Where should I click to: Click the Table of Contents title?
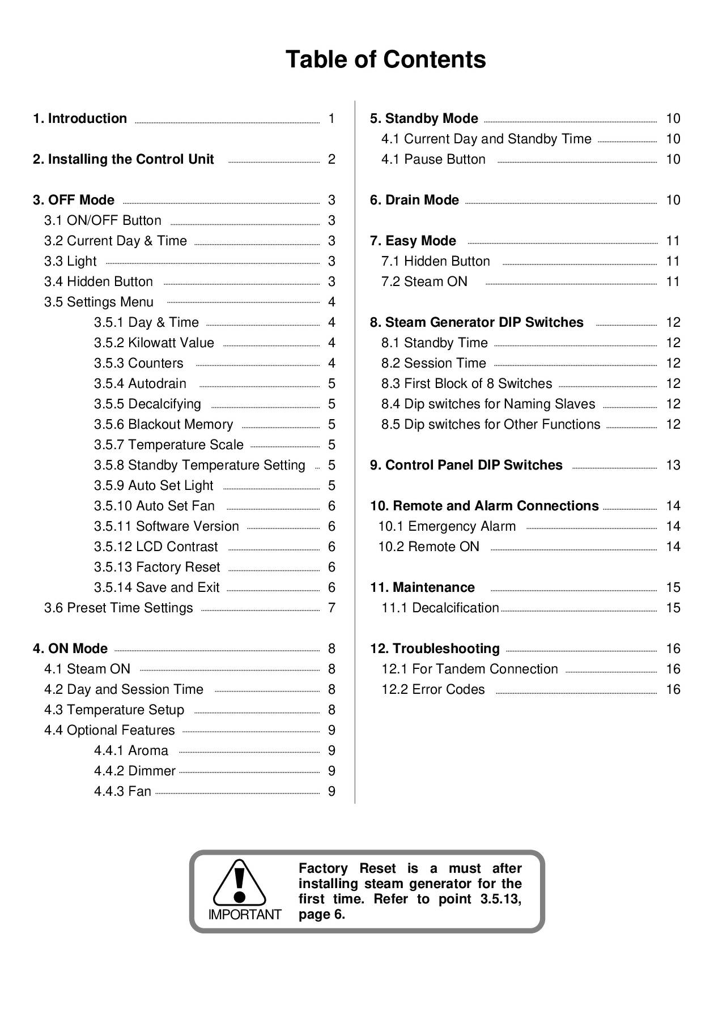tap(385, 59)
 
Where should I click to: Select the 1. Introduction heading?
tap(80, 118)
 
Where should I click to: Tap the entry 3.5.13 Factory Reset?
tap(157, 567)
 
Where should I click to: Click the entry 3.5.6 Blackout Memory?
tap(163, 424)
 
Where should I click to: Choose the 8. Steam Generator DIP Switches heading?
tap(477, 322)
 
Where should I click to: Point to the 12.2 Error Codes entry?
tap(433, 689)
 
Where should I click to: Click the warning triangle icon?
tap(240, 882)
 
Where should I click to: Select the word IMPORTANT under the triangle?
tap(245, 915)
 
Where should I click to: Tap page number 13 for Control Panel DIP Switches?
tap(673, 465)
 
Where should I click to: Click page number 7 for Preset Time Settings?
tap(331, 608)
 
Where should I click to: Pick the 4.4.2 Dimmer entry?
tap(135, 771)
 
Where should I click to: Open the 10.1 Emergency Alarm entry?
tap(447, 526)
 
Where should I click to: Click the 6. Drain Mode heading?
tap(414, 200)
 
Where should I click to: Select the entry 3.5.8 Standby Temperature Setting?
tap(199, 465)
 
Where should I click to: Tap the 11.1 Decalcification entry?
tap(440, 608)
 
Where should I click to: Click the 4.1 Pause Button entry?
tap(433, 159)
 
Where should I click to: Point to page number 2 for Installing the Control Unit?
tap(331, 159)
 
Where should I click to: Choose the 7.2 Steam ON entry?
tap(424, 281)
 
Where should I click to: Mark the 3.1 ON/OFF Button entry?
tap(103, 220)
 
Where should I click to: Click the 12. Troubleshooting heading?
tap(435, 649)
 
